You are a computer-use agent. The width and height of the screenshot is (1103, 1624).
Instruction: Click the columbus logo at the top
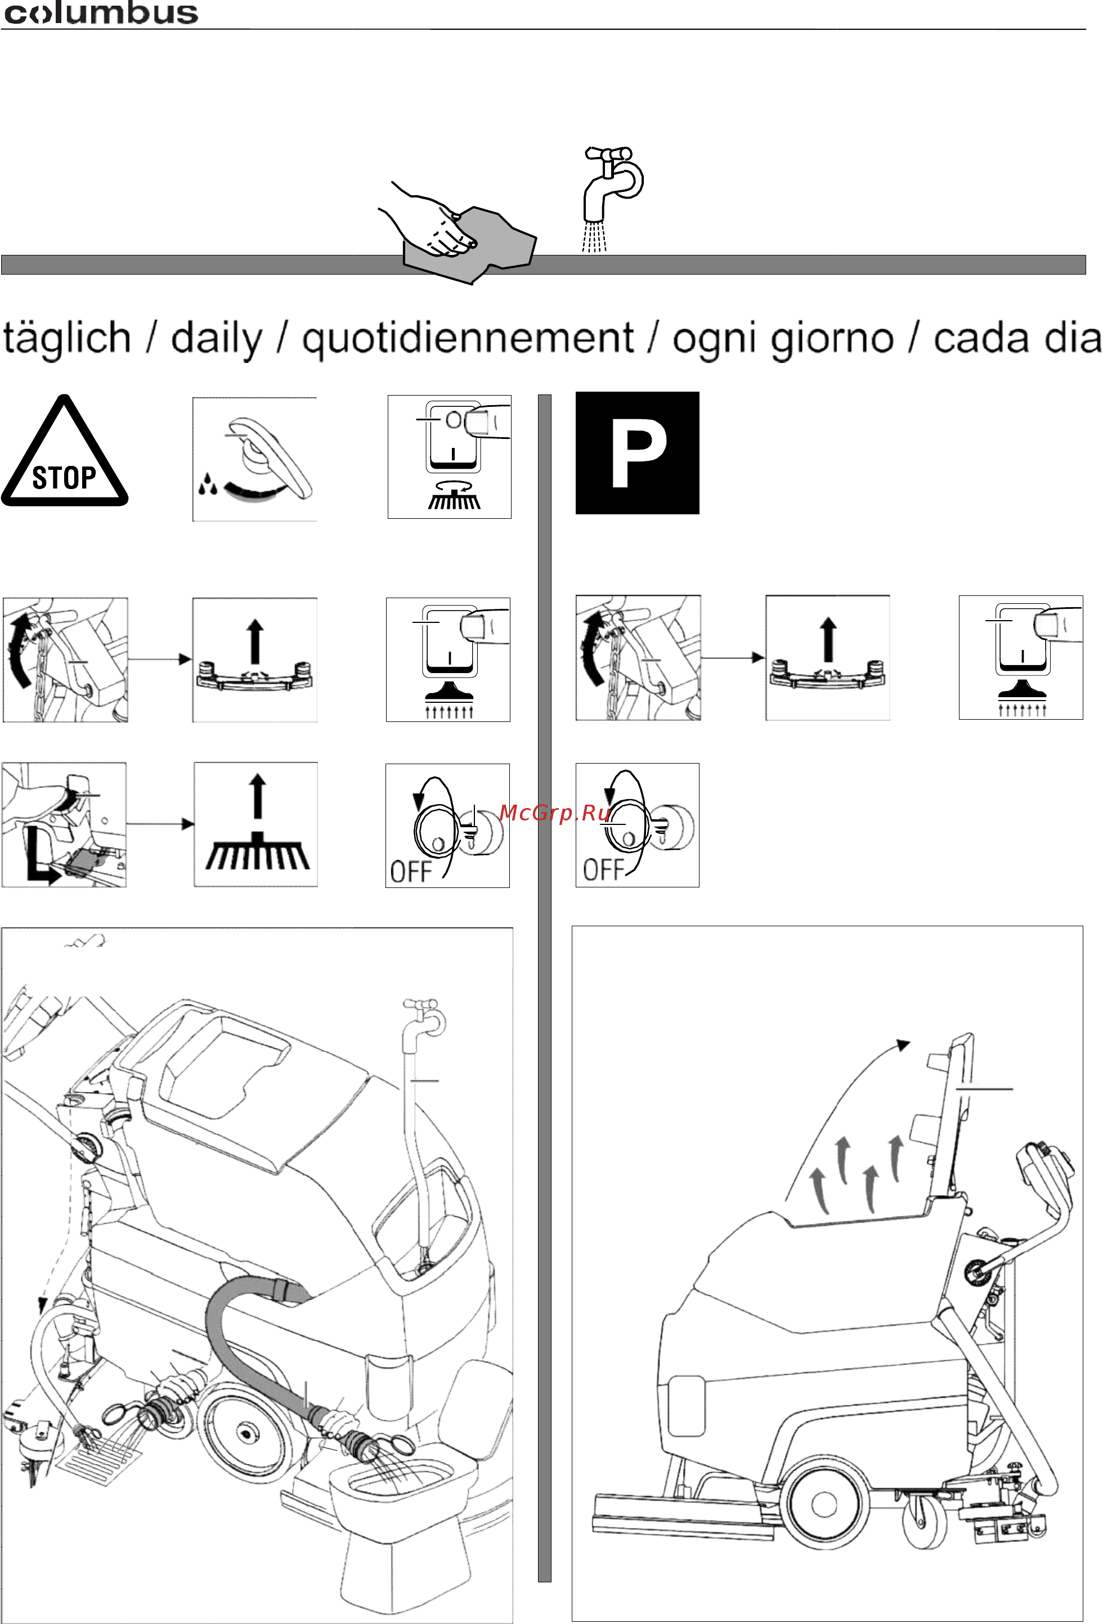point(101,12)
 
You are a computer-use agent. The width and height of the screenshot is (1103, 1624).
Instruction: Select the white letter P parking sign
point(638,453)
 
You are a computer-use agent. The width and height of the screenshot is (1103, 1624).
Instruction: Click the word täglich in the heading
point(67,339)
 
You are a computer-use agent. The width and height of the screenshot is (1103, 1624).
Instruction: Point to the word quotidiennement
point(468,339)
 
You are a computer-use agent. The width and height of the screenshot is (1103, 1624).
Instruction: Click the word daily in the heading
point(217,339)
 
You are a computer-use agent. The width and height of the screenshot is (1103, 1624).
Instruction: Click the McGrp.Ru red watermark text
point(555,813)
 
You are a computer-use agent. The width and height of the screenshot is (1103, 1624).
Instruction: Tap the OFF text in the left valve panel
point(411,872)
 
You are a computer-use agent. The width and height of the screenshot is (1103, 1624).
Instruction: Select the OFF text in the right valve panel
point(604,870)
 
